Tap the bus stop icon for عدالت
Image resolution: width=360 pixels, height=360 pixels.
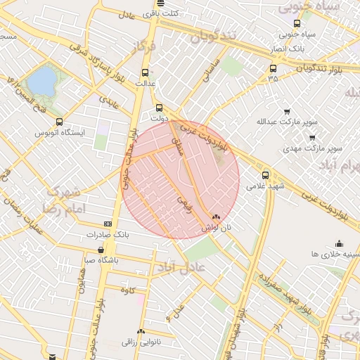tap(146, 72)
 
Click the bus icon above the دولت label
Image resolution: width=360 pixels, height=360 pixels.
tap(159, 108)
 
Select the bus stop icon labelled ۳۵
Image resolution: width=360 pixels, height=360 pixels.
tap(273, 68)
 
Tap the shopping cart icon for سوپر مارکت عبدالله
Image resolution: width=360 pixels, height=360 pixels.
tap(287, 112)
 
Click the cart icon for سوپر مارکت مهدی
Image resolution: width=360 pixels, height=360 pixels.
tap(312, 138)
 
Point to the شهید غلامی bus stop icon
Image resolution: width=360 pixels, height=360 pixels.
tap(265, 175)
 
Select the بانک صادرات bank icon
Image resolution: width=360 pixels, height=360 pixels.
tap(108, 224)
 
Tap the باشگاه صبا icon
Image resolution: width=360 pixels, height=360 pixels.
tap(103, 250)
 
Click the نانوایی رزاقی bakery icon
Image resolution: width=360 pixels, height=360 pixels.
tap(141, 331)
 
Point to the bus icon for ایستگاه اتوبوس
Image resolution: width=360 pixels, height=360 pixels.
tap(59, 121)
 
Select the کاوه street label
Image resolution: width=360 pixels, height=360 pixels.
tap(127, 290)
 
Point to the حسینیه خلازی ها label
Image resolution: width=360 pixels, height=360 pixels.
tap(335, 253)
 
